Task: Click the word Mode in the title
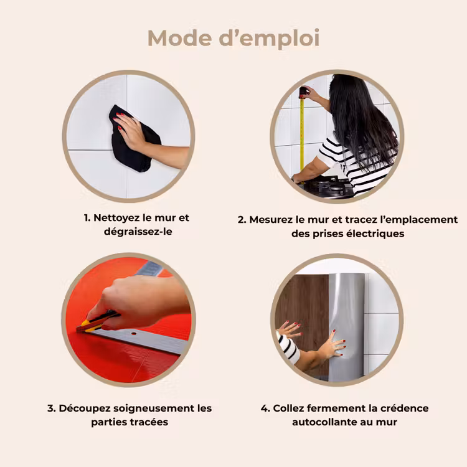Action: pyautogui.click(x=179, y=38)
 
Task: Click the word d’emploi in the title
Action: pyautogui.click(x=269, y=39)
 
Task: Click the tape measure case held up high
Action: pyautogui.click(x=303, y=92)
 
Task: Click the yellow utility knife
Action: pyautogui.click(x=97, y=323)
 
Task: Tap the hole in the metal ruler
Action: pyautogui.click(x=134, y=334)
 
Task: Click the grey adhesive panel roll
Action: pyautogui.click(x=346, y=327)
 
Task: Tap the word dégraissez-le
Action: pyautogui.click(x=138, y=232)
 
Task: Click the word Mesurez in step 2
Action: pyautogui.click(x=271, y=220)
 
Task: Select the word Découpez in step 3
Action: pyautogui.click(x=85, y=408)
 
